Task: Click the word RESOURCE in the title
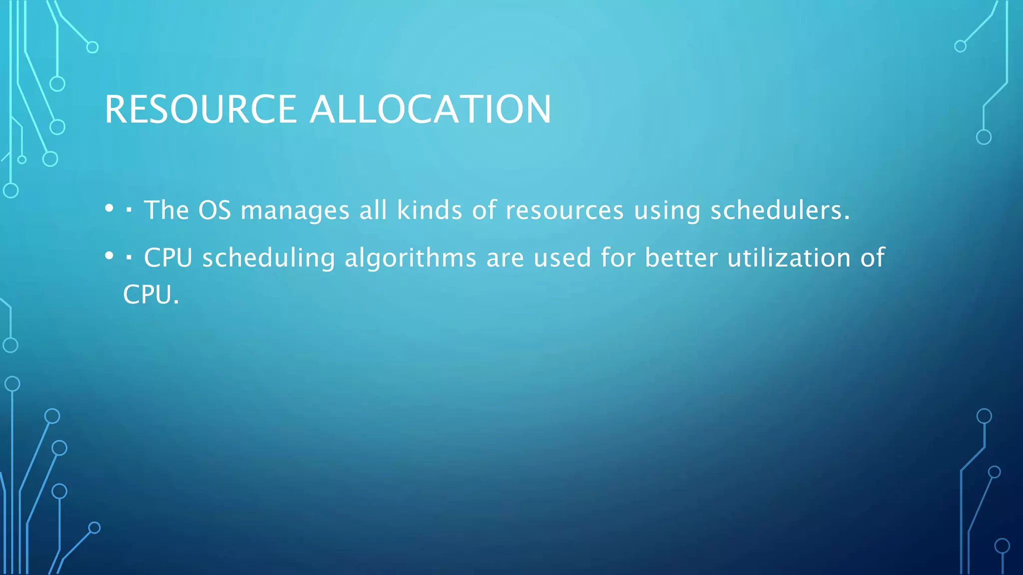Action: pyautogui.click(x=200, y=109)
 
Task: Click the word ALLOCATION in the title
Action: pyautogui.click(x=431, y=109)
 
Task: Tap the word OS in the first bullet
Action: pyautogui.click(x=214, y=210)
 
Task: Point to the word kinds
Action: pyautogui.click(x=429, y=210)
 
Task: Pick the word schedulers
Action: pyautogui.click(x=780, y=210)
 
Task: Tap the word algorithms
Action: pyautogui.click(x=410, y=259)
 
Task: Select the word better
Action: pyautogui.click(x=681, y=258)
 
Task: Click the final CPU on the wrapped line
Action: pyautogui.click(x=148, y=294)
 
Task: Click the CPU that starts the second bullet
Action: pyautogui.click(x=168, y=258)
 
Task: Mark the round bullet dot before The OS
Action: pyautogui.click(x=109, y=209)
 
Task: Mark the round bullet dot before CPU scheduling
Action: pyautogui.click(x=109, y=257)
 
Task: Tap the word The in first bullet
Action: pyautogui.click(x=166, y=210)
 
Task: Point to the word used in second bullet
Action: pyautogui.click(x=562, y=258)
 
